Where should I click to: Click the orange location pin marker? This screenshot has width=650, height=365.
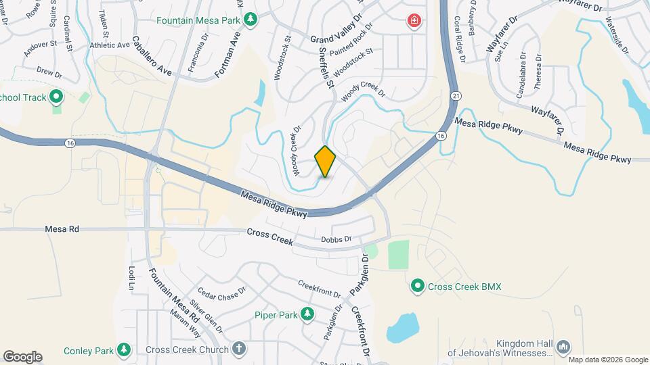pos(325,161)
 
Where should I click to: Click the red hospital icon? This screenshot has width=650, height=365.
pos(412,22)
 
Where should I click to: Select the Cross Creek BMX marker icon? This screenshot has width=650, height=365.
pos(418,287)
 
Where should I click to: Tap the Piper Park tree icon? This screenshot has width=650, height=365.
pos(307,314)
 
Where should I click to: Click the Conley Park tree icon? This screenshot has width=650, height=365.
pos(123,349)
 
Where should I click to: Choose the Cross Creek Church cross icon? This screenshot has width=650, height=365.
pos(238,349)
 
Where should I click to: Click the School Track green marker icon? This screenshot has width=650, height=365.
pos(56,97)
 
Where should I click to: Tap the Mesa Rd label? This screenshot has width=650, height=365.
pos(62,230)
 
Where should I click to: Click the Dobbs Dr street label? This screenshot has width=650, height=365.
pos(337,239)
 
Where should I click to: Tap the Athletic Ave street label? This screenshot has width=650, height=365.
pos(109,45)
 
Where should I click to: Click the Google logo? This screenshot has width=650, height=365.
pos(22,356)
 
